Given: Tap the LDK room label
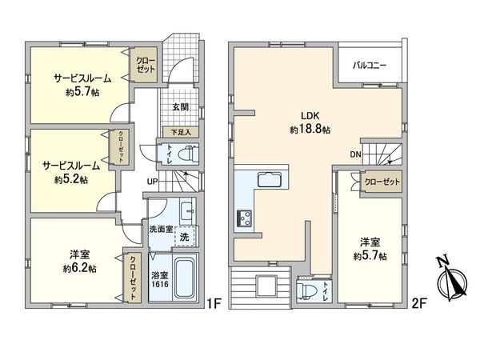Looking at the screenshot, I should (310, 114).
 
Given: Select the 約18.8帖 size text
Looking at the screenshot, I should (310, 129).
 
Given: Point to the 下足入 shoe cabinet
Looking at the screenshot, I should (182, 133).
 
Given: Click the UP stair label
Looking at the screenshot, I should (151, 182).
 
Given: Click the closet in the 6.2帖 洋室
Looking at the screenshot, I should (134, 276).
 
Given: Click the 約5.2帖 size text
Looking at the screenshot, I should (71, 180).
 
